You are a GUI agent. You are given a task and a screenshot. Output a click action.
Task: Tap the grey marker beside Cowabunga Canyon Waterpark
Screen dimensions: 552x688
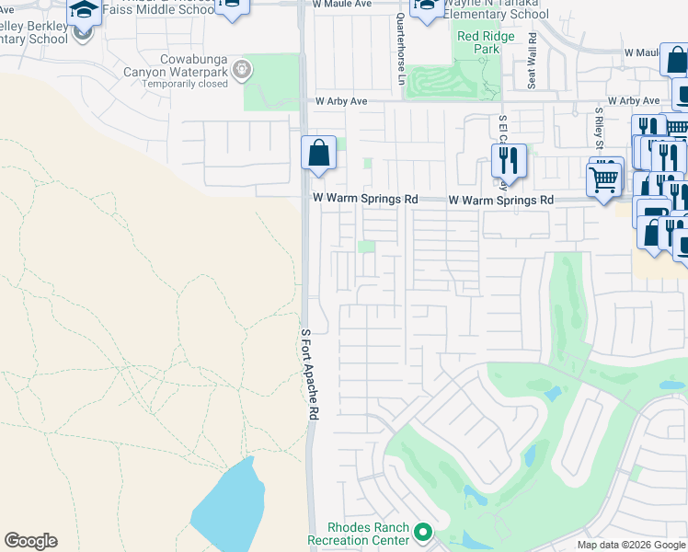click(x=242, y=68)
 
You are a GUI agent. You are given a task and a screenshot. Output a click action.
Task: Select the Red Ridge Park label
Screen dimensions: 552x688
click(x=478, y=41)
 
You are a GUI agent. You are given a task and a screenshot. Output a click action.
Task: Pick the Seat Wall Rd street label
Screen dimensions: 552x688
click(x=533, y=60)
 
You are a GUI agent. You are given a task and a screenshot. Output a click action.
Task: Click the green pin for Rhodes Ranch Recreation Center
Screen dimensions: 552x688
click(x=423, y=532)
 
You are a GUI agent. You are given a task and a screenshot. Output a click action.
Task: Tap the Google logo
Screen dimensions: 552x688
click(x=30, y=541)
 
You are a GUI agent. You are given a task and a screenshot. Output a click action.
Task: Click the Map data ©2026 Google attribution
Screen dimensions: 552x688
click(x=631, y=545)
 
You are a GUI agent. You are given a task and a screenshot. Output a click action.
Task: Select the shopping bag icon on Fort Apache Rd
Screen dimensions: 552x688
click(x=318, y=152)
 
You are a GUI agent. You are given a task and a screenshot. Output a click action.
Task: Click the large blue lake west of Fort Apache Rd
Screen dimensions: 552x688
click(x=225, y=506)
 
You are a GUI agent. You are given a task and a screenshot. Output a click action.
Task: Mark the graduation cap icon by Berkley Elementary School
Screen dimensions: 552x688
click(x=84, y=11)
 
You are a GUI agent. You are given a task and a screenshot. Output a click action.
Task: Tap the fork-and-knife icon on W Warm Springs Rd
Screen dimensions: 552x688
click(x=508, y=160)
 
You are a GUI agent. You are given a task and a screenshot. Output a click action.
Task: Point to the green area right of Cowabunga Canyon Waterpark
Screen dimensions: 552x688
click(x=272, y=81)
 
